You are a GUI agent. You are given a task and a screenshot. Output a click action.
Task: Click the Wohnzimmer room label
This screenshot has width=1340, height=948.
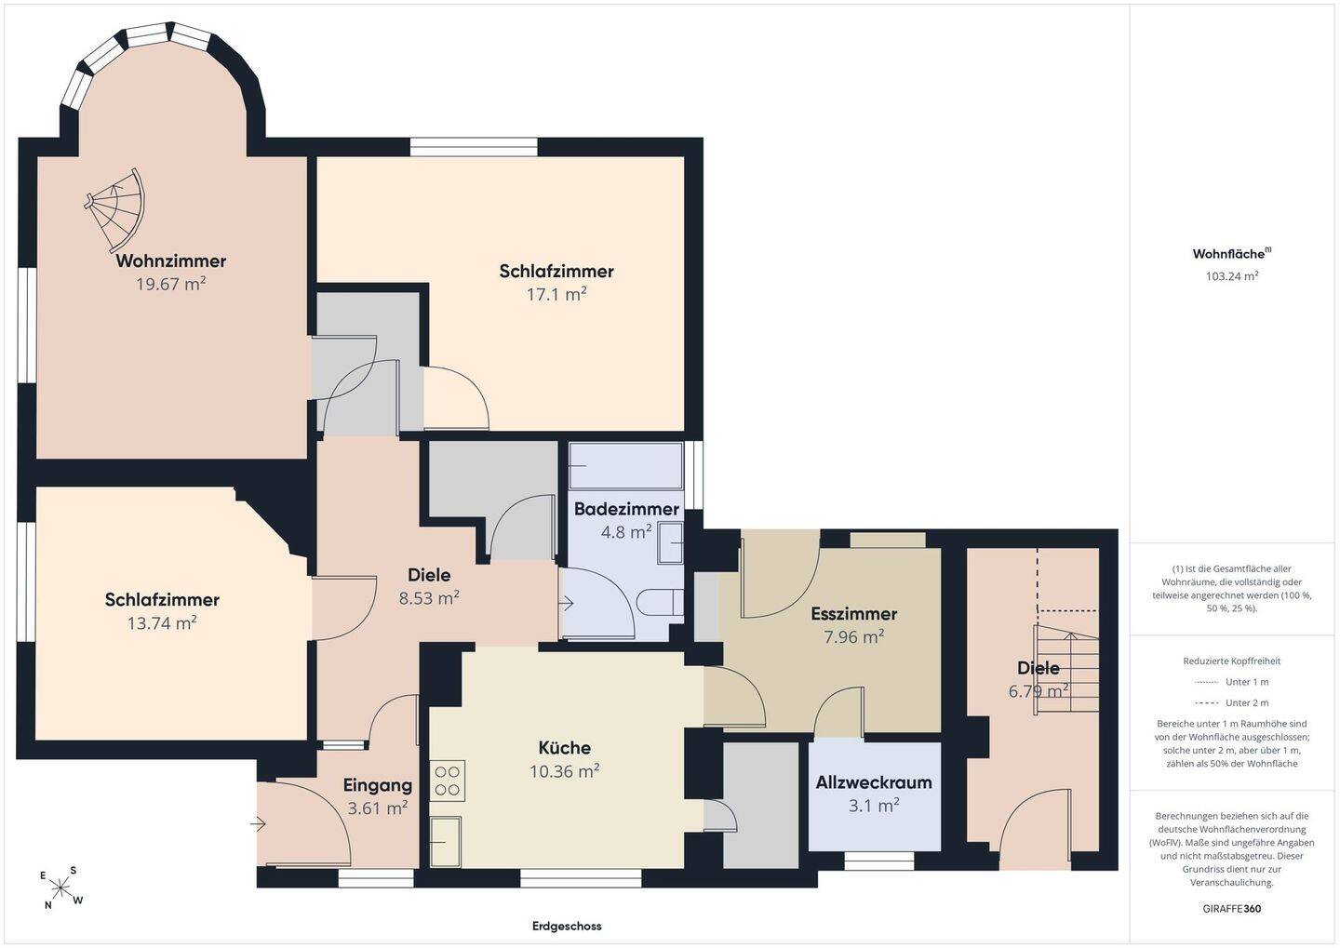click(171, 260)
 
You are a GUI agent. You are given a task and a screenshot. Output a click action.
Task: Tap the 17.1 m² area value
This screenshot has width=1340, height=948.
click(556, 294)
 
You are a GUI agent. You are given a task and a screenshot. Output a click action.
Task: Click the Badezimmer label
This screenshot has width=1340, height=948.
click(626, 509)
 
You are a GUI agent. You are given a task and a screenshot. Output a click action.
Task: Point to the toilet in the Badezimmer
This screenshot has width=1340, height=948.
click(660, 602)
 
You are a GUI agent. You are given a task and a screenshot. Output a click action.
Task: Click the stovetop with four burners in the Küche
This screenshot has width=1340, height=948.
click(448, 781)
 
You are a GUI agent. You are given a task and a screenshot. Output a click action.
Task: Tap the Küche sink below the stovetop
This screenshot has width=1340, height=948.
click(445, 842)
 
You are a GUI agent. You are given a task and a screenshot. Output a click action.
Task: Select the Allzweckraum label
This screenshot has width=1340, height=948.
click(874, 782)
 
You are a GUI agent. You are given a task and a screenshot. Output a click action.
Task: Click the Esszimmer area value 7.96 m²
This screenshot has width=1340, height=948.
click(853, 637)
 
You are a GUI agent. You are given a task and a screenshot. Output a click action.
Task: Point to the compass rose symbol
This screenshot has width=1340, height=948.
click(60, 888)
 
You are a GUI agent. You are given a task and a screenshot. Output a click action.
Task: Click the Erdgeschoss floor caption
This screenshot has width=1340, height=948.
click(567, 927)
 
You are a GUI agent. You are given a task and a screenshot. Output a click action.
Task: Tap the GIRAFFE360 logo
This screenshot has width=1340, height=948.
click(1232, 909)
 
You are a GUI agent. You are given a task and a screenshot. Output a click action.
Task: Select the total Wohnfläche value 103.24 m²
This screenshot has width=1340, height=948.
click(1232, 275)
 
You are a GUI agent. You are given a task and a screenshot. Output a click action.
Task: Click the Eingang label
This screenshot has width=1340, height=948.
click(378, 785)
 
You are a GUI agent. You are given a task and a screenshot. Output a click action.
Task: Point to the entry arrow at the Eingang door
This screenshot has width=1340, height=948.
click(258, 824)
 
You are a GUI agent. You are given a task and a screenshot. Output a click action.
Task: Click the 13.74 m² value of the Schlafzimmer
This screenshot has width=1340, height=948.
click(162, 623)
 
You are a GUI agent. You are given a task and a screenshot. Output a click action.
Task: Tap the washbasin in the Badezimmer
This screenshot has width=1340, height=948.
click(671, 542)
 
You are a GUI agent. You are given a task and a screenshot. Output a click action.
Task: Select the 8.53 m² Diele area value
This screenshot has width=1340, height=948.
click(429, 597)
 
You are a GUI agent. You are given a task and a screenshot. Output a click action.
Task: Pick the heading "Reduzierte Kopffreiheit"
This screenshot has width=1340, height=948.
click(1232, 661)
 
